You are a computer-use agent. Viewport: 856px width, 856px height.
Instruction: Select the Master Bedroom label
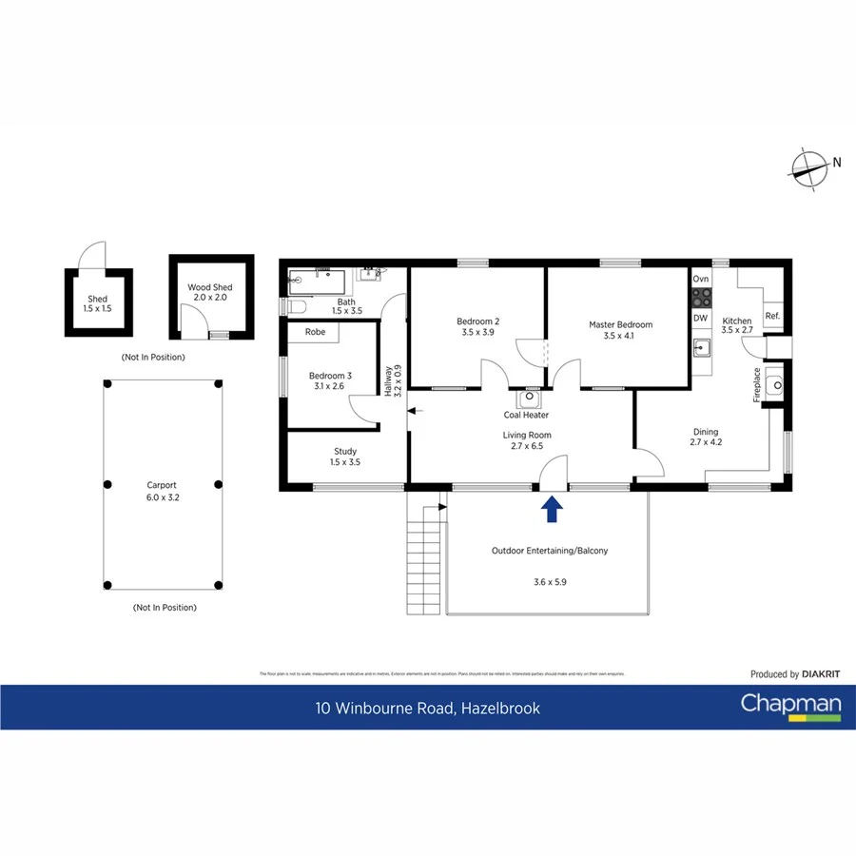click(x=620, y=325)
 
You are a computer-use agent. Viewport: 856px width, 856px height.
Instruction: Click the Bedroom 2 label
click(x=478, y=321)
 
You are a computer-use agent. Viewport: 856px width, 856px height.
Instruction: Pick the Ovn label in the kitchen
click(x=701, y=279)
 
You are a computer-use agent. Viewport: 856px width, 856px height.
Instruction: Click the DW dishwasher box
click(x=701, y=319)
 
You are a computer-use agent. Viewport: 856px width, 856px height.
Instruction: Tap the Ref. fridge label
click(x=772, y=317)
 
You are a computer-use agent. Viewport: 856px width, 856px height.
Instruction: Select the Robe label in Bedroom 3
click(x=315, y=333)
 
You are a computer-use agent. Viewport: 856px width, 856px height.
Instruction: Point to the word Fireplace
click(x=758, y=385)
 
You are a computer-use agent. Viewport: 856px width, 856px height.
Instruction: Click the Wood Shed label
click(x=209, y=287)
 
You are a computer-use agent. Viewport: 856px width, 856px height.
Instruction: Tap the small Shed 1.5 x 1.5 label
click(x=98, y=299)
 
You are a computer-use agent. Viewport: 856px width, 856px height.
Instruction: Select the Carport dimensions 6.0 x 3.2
click(x=162, y=496)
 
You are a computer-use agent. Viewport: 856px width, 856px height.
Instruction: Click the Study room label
click(x=345, y=452)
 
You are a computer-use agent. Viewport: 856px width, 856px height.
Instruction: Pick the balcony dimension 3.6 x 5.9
click(x=549, y=583)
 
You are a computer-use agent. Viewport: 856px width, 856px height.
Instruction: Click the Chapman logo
click(x=790, y=706)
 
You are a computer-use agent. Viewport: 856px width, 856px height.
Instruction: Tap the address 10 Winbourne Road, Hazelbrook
click(x=428, y=708)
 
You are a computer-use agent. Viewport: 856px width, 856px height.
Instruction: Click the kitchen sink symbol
click(x=702, y=347)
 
